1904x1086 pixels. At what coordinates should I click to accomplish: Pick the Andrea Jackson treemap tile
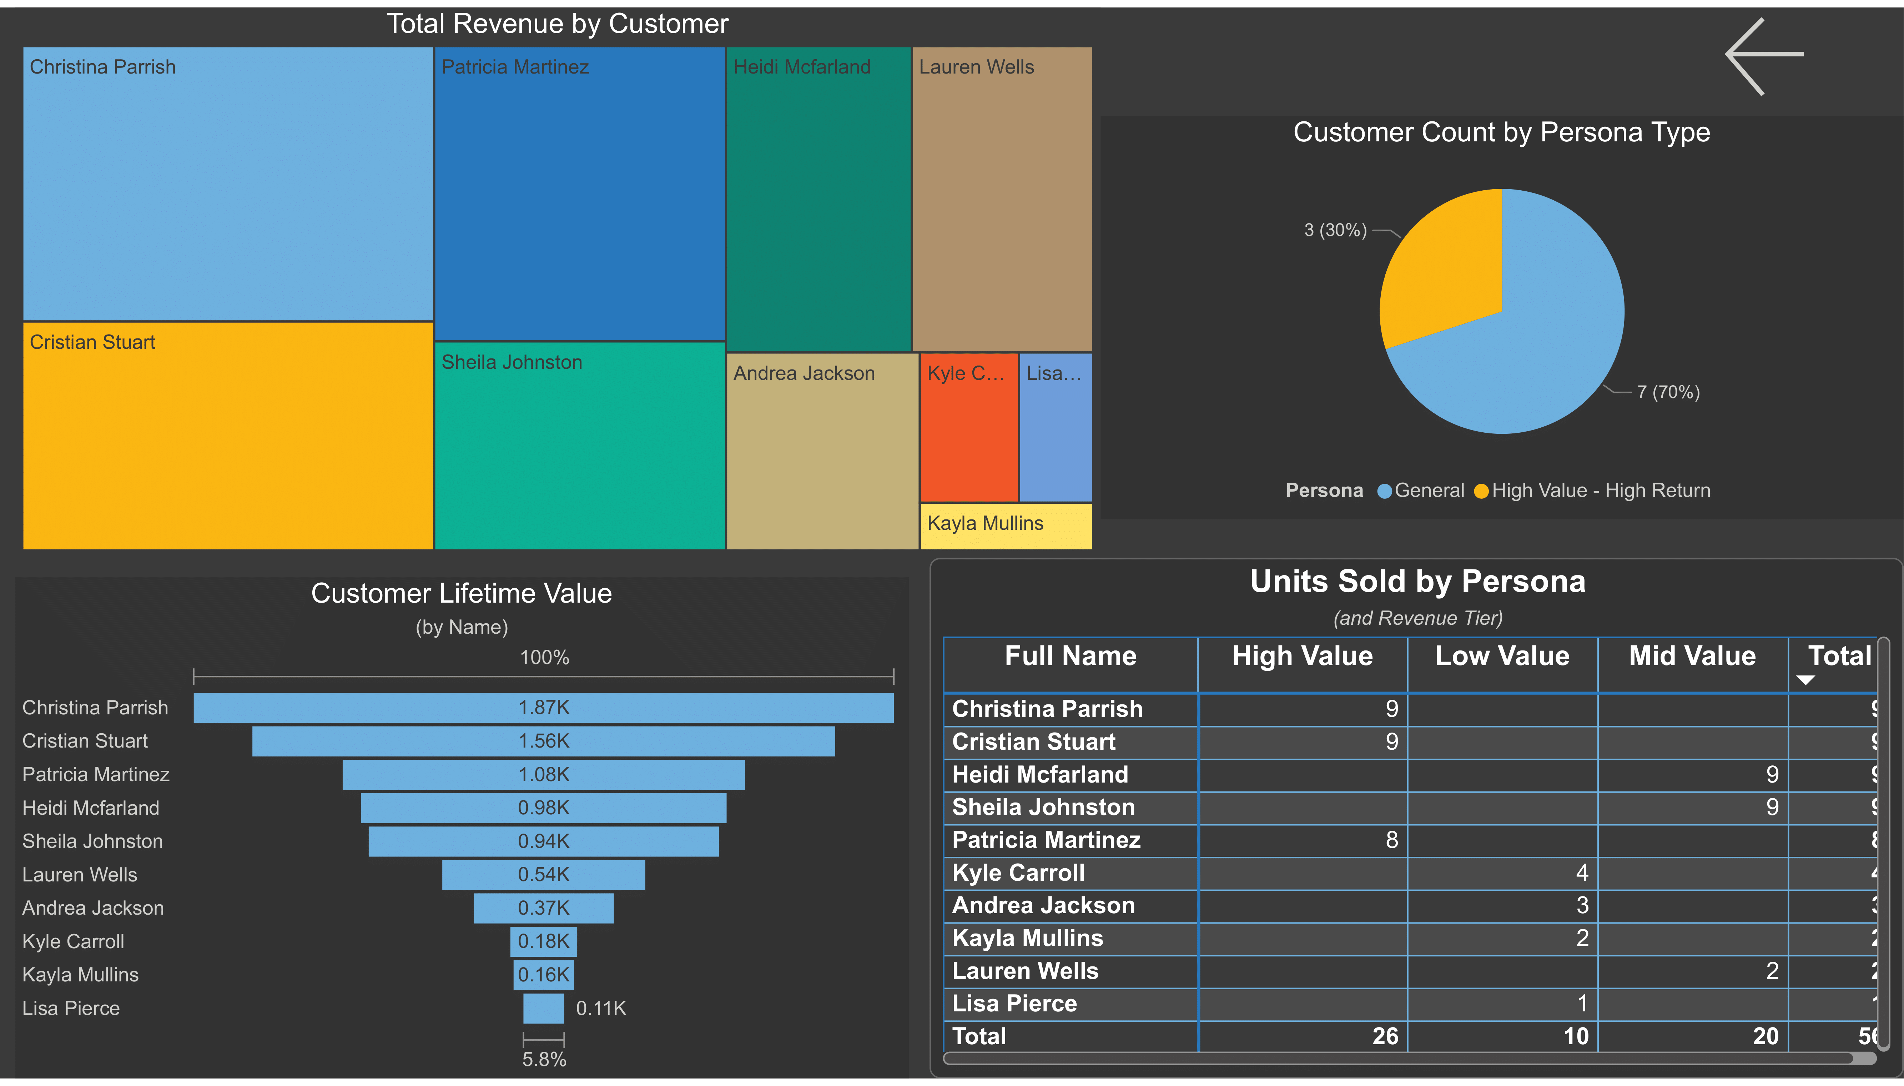822,451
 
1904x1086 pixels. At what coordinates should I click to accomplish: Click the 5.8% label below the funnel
544,1059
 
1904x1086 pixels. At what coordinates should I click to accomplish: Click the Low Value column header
1501,657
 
